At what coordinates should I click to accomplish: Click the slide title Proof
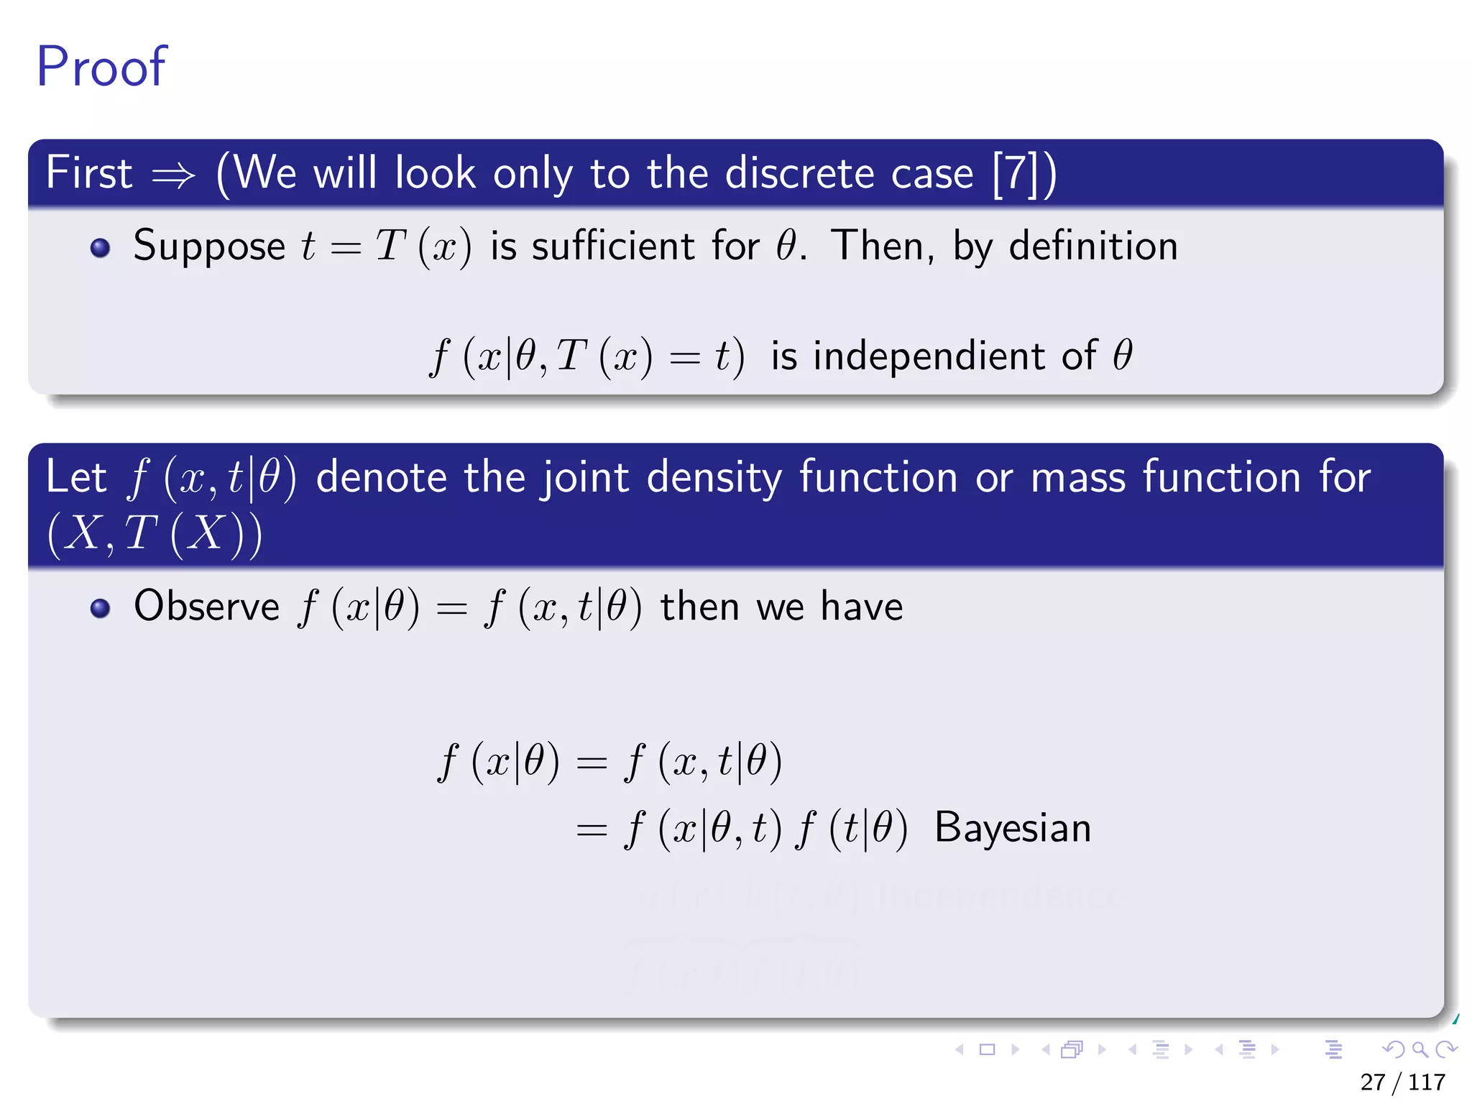point(101,67)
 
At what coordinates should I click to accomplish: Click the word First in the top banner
point(89,173)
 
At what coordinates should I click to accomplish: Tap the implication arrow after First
point(173,175)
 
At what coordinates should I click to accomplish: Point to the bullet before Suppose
point(100,248)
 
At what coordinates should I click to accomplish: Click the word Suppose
point(209,247)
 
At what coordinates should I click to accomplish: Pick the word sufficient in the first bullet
point(612,247)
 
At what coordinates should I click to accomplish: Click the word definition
point(1093,247)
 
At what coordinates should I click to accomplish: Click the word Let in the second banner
point(75,477)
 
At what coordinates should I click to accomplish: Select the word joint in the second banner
point(585,478)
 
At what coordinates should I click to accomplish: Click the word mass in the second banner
point(1077,478)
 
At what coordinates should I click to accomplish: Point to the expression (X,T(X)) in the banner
point(155,535)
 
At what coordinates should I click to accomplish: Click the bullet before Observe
point(100,609)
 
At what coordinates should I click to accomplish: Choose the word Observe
point(206,607)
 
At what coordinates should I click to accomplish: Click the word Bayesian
point(1012,828)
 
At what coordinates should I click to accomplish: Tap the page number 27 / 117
point(1402,1082)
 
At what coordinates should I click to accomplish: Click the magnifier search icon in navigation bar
point(1420,1050)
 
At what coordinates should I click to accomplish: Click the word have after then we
point(861,607)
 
